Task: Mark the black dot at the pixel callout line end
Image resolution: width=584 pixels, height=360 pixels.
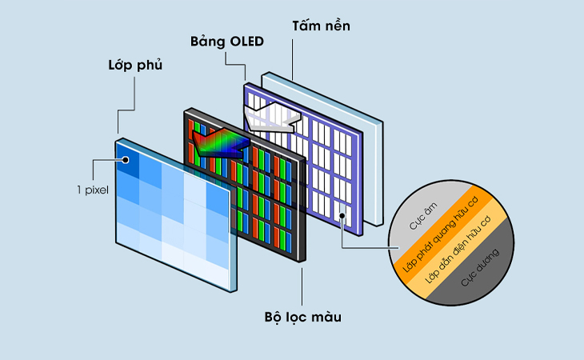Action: point(126,160)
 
